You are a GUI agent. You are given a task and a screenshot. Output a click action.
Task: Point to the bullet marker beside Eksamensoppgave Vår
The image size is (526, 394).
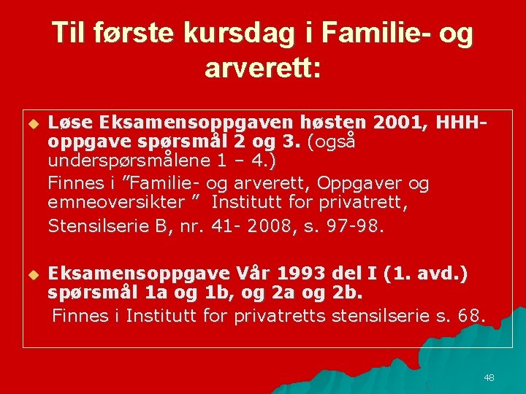[x=32, y=275]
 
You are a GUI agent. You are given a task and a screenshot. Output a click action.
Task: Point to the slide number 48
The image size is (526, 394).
[x=489, y=377]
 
